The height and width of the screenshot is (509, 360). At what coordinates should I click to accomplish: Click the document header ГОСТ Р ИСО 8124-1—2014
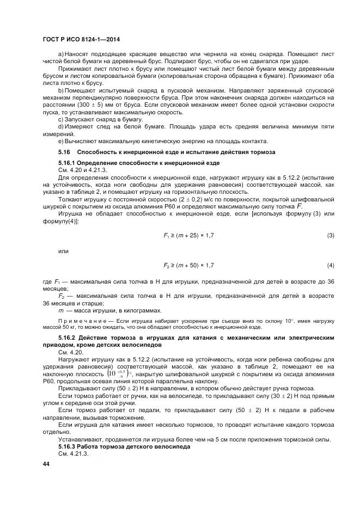[81, 40]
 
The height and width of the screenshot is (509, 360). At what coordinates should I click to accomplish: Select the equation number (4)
[331, 265]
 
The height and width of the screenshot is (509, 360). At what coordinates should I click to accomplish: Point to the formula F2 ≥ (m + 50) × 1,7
[188, 265]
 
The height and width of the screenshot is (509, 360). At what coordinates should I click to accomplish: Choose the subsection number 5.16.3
[68, 446]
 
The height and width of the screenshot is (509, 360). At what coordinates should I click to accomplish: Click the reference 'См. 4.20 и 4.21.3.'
[82, 170]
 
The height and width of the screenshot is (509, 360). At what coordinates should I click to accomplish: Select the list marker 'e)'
[61, 140]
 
